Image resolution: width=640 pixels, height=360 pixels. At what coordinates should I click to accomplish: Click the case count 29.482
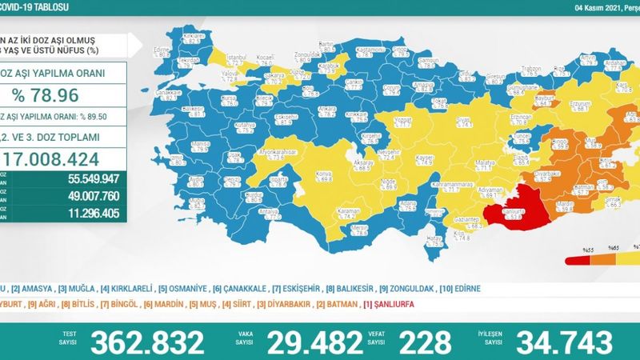(x=314, y=342)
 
